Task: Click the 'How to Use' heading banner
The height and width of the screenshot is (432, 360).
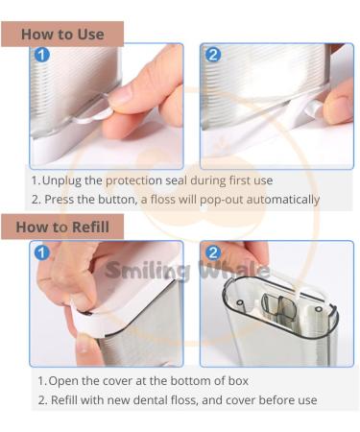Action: (62, 34)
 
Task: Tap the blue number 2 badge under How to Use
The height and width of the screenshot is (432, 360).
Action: (213, 55)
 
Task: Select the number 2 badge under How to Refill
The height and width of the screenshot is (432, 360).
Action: (213, 252)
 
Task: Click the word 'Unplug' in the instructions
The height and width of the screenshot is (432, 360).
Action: (62, 180)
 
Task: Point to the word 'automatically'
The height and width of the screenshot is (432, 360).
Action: (278, 200)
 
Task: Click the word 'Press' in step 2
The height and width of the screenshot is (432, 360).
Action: (62, 200)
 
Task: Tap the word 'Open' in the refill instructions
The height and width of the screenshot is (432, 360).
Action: (61, 381)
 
